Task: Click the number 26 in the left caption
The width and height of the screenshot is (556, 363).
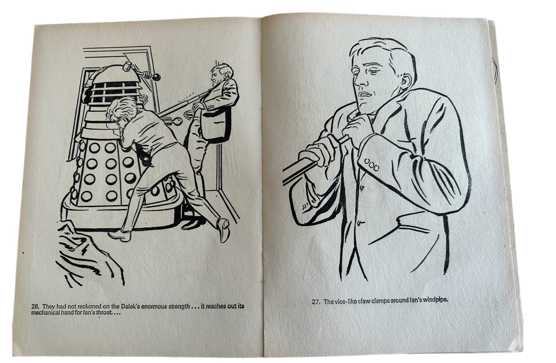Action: [x=35, y=306]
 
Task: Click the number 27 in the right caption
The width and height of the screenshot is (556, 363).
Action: [x=316, y=302]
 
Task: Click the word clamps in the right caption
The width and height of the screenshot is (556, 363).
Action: [x=386, y=302]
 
